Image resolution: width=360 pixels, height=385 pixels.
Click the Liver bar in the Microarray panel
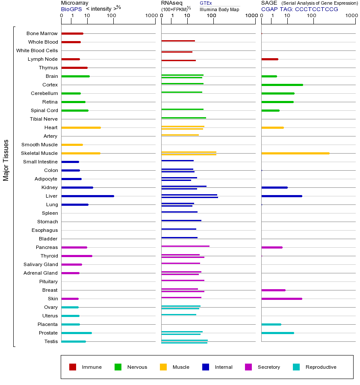tap(88, 196)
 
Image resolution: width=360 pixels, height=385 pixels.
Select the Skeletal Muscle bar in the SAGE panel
tap(295, 153)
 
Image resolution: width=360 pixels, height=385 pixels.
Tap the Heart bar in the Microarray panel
tap(81, 127)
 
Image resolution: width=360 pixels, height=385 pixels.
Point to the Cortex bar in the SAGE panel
tap(282, 85)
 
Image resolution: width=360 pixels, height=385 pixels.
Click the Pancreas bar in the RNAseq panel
tap(185, 246)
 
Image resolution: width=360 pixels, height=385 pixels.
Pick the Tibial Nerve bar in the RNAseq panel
tap(183, 118)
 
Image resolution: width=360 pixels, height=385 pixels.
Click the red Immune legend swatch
tap(73, 367)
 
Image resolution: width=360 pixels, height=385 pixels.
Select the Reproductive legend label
tap(321, 367)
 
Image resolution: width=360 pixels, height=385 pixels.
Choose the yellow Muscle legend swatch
tap(163, 367)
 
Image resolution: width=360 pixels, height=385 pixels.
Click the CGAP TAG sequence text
tap(299, 9)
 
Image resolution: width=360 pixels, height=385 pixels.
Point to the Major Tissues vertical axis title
tap(6, 160)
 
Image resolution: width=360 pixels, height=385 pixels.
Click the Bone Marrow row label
tap(42, 33)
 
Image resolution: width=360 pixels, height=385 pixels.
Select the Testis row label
tap(51, 341)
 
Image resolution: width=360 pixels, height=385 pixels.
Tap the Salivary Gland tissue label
tap(41, 264)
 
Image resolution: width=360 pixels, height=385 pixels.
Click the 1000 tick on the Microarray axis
tap(150, 16)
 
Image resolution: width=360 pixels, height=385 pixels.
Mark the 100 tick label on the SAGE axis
tap(312, 16)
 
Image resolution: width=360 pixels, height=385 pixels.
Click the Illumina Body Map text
tap(219, 9)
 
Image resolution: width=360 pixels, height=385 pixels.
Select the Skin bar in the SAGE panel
tap(281, 299)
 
